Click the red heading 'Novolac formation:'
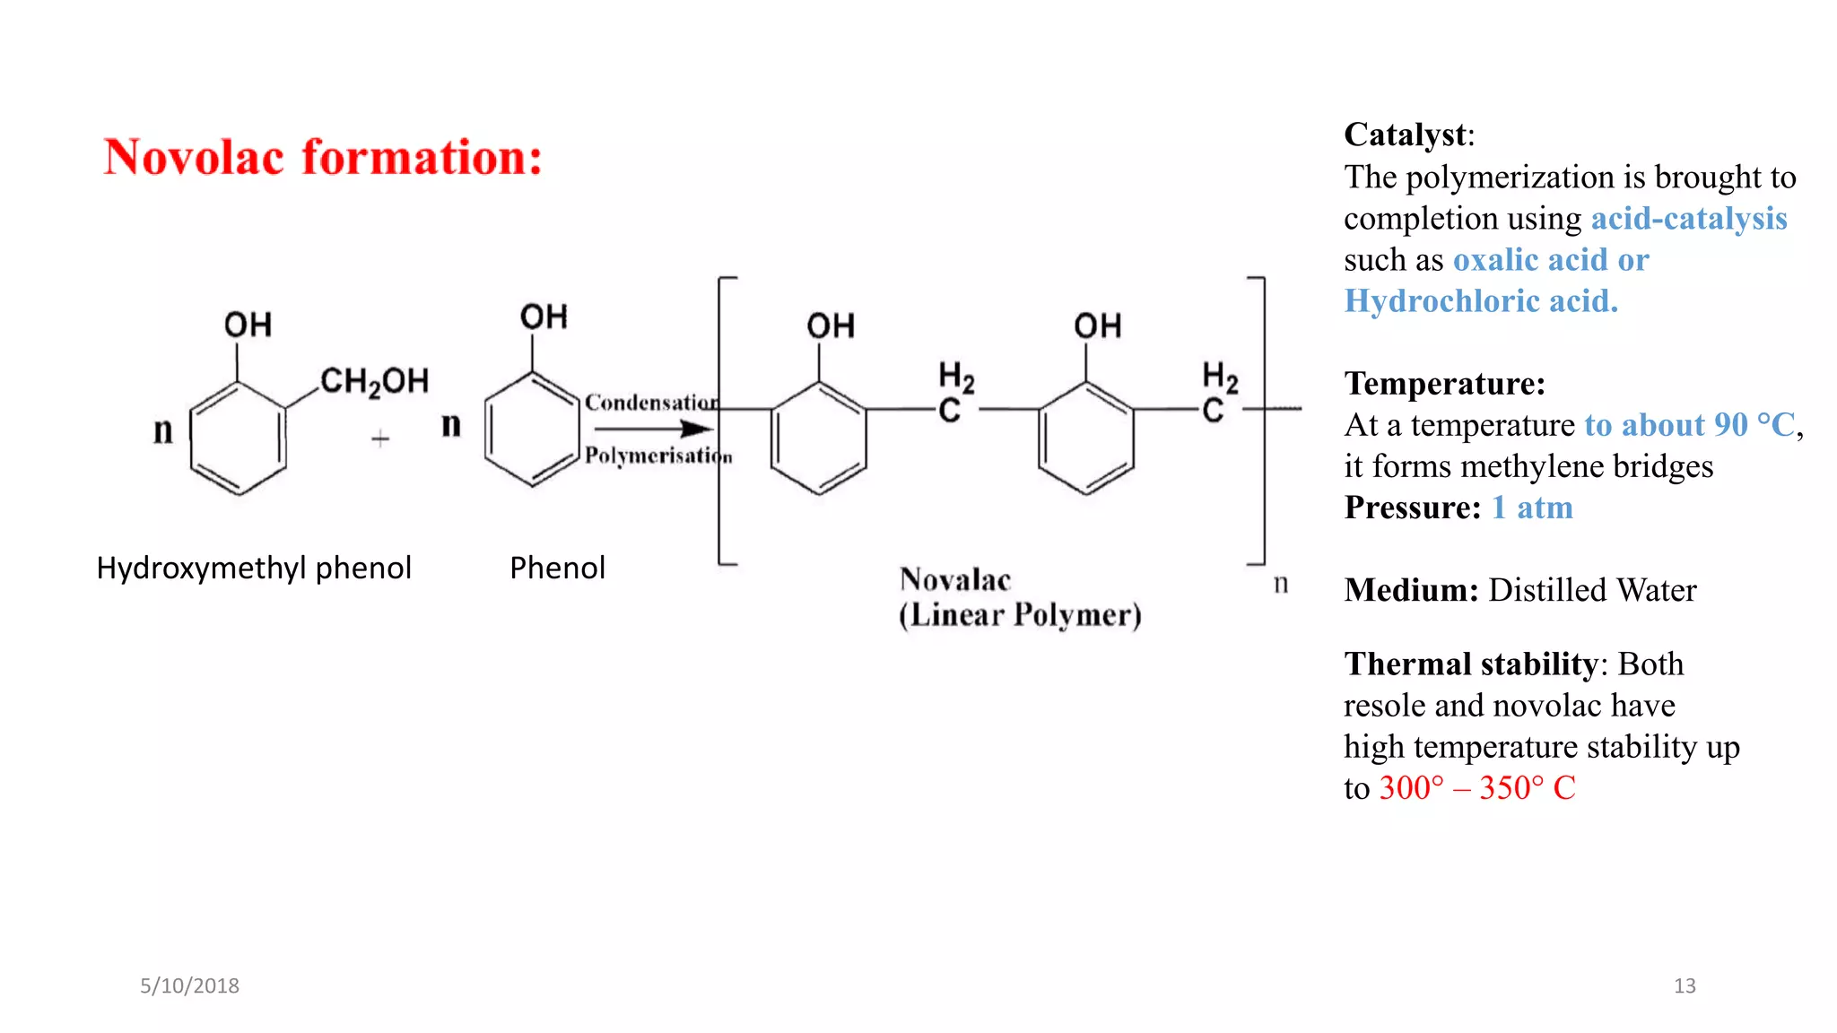coord(323,158)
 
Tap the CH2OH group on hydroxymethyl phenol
coord(374,381)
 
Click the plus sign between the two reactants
coord(380,438)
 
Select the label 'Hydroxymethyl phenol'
coord(254,568)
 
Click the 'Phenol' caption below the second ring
coord(557,568)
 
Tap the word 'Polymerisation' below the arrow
coord(658,456)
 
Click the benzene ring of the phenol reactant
coord(532,429)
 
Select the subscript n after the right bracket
coord(1281,584)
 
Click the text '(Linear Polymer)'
coord(1020,615)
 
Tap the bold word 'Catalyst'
coord(1406,135)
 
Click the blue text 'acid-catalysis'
coord(1689,219)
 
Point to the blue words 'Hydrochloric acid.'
coord(1481,301)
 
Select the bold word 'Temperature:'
coord(1445,384)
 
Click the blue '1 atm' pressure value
coord(1532,508)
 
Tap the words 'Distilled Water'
coord(1592,590)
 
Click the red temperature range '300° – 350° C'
coord(1477,788)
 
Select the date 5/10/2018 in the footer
coord(189,985)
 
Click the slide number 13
coord(1685,985)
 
